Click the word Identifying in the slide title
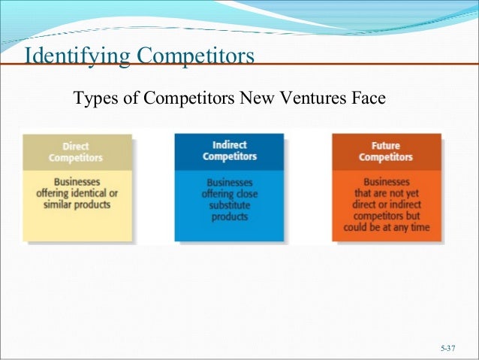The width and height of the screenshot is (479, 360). [x=74, y=57]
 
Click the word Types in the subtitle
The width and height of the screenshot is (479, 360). [x=91, y=98]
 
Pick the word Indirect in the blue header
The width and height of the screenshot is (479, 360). [x=229, y=145]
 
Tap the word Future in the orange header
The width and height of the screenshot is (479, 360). [x=386, y=146]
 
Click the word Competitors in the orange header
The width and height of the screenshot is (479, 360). [x=386, y=157]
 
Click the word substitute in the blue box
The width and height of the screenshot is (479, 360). [x=229, y=205]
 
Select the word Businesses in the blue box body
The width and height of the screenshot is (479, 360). [x=229, y=183]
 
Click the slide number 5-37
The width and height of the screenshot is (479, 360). [x=448, y=348]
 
